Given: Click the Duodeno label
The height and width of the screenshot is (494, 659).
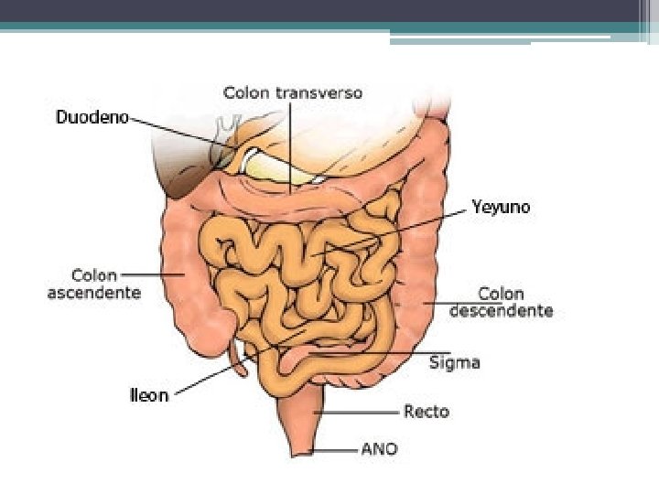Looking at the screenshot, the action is point(92,117).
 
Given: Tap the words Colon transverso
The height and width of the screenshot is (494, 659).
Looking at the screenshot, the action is point(293,92).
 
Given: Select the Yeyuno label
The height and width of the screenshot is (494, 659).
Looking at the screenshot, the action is point(501,208).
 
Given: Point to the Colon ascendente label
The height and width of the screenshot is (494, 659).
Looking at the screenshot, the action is point(94,284).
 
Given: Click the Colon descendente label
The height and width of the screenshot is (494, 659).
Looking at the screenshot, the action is point(502,302).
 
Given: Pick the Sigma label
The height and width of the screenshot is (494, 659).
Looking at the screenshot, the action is point(455,362).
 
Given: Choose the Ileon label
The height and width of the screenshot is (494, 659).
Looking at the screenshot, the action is point(148,395).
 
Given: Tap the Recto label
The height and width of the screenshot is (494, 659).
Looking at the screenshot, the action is point(426,412).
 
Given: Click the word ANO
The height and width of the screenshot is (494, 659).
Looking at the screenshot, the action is point(378,449).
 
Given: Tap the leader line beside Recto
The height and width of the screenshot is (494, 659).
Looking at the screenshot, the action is point(357,412).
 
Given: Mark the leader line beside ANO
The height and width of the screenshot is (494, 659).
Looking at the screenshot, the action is point(334,449).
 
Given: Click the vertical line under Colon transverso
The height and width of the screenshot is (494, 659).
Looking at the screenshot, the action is point(291,146).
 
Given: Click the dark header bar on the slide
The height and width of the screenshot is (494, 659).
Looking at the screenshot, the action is point(329,10).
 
